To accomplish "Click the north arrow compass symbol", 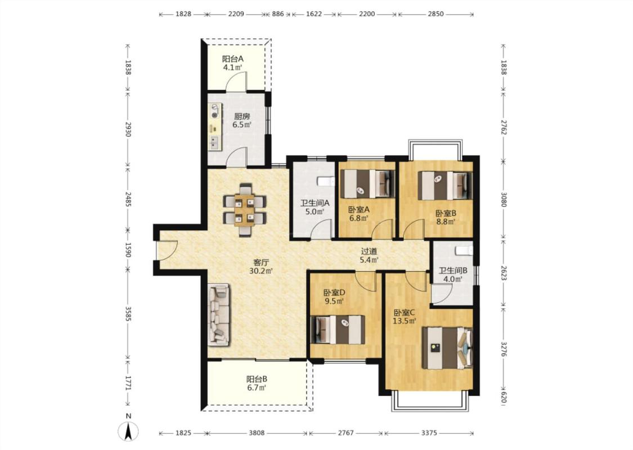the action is coord(128,431).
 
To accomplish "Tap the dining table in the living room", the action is coord(245,210).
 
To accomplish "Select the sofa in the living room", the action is coord(218,314).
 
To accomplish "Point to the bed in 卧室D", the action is coord(338,330).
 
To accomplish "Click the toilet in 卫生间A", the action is coord(326,182).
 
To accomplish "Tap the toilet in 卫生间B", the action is coord(464,250).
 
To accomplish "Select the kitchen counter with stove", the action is coord(215,127).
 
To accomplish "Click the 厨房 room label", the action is coord(242,116).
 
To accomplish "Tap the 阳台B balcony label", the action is coord(257,379).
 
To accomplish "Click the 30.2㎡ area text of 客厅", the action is coord(261,271).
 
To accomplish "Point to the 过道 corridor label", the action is coord(369,251).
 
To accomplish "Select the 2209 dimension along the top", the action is coord(236,14).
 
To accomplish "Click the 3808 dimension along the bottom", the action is coord(257,433).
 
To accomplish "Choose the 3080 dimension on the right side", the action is coord(504,200).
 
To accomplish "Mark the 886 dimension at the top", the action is coord(278,14).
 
